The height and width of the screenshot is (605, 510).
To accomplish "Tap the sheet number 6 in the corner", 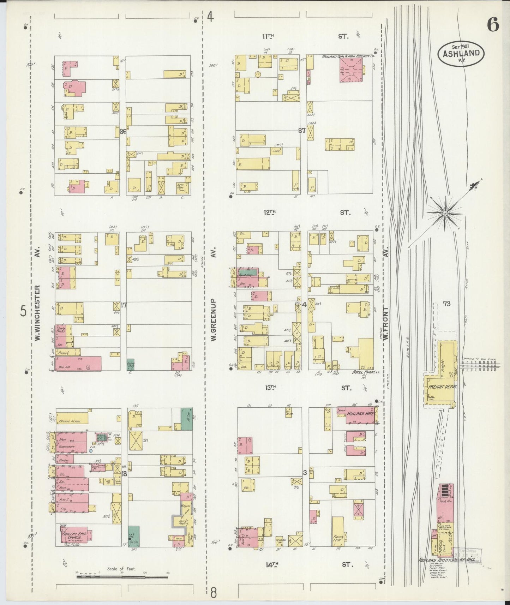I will (493, 25).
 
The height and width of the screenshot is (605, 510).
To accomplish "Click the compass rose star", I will (445, 213).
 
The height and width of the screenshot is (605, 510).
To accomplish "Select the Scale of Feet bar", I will (122, 577).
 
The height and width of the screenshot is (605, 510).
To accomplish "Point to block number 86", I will (123, 132).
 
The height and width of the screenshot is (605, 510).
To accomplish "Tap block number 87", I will (302, 130).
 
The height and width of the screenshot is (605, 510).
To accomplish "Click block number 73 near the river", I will (447, 304).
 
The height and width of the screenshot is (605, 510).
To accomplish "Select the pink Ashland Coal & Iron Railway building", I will (351, 70).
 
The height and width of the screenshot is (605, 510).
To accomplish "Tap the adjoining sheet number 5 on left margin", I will (23, 311).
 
